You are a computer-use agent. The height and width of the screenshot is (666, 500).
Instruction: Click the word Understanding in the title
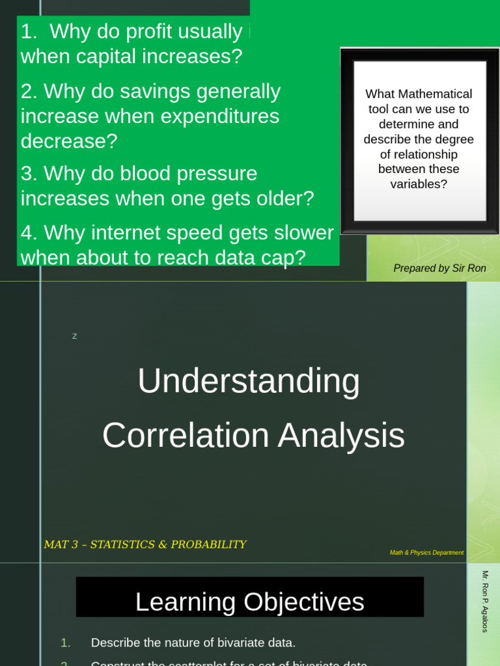[x=249, y=381]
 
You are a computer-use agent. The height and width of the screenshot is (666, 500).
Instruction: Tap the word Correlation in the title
[x=186, y=436]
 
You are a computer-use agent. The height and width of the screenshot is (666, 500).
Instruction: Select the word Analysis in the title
[x=341, y=436]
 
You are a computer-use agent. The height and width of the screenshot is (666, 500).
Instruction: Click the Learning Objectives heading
[x=249, y=602]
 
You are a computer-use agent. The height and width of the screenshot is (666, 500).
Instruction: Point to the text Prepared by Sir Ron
[x=439, y=268]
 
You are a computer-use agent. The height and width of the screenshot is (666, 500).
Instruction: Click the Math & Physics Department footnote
[x=426, y=553]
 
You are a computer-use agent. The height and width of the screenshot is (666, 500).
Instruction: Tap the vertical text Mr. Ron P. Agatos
[x=485, y=601]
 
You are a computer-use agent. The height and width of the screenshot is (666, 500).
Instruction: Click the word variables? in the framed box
[x=419, y=184]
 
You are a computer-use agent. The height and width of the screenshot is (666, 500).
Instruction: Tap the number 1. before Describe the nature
[x=65, y=643]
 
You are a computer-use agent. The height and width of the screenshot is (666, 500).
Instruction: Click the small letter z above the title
[x=74, y=336]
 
